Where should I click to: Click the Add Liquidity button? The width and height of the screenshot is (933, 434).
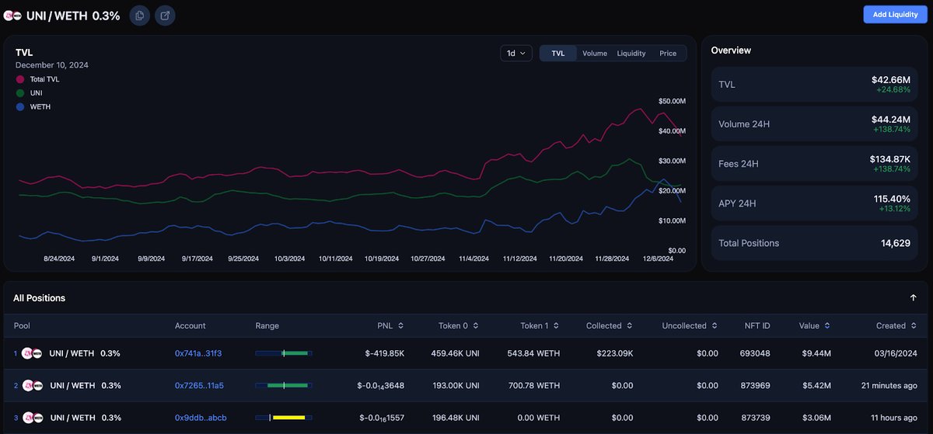tap(895, 15)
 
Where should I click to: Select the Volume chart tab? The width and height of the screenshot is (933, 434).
tap(594, 54)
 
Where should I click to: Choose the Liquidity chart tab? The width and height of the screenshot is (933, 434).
tap(631, 54)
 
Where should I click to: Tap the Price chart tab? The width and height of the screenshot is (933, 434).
tap(668, 54)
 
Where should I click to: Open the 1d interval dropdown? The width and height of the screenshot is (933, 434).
tap(516, 54)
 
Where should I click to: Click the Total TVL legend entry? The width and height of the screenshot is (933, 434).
tap(44, 79)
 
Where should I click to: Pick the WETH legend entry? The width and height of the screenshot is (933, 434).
tap(40, 107)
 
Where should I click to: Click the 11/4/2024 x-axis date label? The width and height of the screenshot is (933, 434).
tap(473, 259)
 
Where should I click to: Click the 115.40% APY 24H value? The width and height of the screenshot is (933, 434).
tap(892, 199)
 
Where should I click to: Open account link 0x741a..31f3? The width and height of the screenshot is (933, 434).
tap(198, 353)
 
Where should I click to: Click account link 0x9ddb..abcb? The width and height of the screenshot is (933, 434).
tap(201, 418)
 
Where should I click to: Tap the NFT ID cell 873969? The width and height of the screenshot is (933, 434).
tap(754, 385)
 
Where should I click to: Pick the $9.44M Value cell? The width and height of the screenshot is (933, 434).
tap(815, 353)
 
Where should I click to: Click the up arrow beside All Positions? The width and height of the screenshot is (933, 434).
tap(913, 298)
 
